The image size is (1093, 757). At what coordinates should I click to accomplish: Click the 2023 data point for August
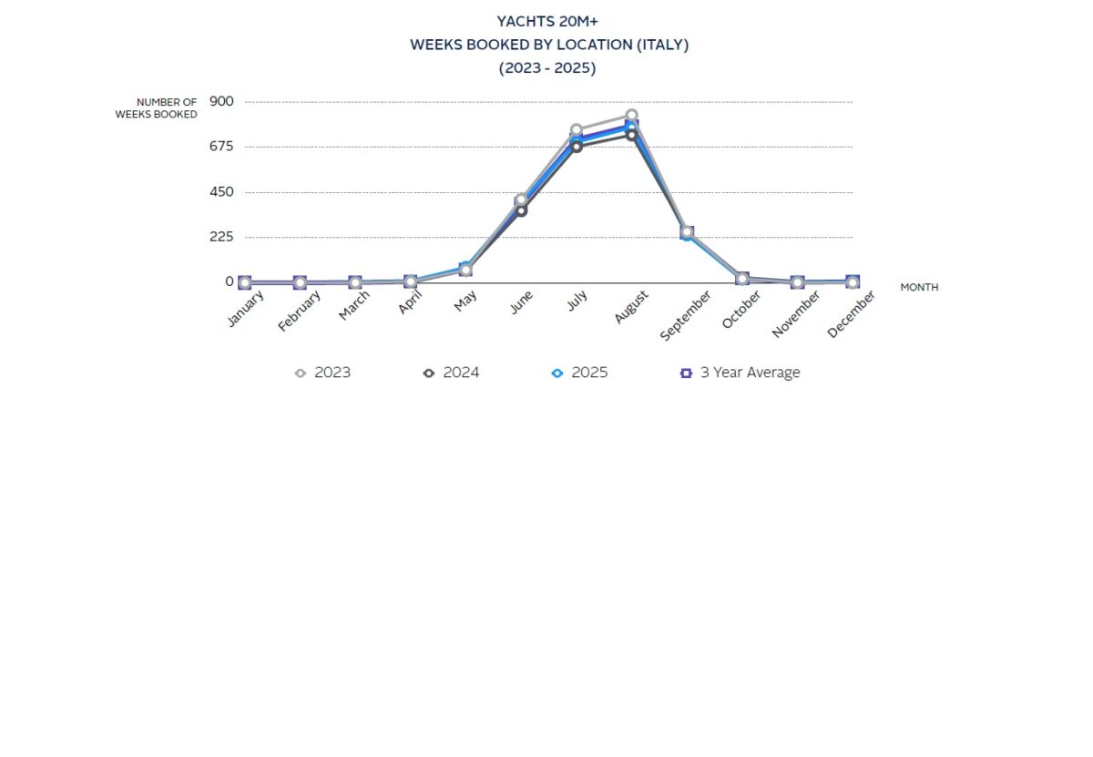coord(631,116)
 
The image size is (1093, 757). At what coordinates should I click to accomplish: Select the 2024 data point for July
coord(576,146)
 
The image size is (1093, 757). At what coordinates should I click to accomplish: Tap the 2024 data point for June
coord(521,210)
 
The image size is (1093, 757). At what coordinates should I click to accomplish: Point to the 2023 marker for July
coord(576,130)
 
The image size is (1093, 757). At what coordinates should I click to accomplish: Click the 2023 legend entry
coord(323,373)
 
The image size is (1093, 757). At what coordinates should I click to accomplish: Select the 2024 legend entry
coord(452,373)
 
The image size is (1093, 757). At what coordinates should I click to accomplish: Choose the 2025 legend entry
coord(580,373)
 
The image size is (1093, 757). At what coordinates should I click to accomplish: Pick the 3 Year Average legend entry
coord(741,373)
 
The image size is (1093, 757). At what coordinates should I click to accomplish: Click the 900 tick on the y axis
coord(221,101)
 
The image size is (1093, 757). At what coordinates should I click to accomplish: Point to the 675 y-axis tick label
coord(221,147)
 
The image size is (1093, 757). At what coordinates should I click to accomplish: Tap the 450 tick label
coord(221,192)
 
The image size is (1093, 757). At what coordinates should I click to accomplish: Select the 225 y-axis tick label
coord(221,237)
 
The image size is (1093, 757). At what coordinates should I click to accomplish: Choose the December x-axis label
coord(852,314)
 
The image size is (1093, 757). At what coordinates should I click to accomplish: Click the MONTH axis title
coord(919,287)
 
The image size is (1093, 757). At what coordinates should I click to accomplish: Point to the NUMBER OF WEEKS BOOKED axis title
coord(156,108)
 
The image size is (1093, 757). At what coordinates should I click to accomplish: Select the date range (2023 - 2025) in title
coord(547,68)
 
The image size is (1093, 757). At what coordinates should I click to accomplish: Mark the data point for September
coord(687,233)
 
